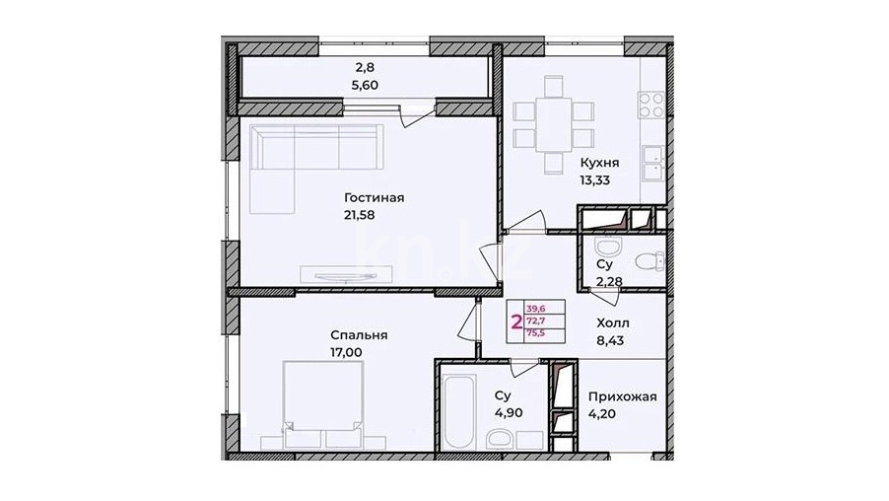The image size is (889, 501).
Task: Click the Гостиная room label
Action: click(x=375, y=198)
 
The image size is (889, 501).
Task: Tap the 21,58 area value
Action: click(x=360, y=215)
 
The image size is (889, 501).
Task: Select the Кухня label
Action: click(x=599, y=163)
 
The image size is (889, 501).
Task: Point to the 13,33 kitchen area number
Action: click(x=594, y=180)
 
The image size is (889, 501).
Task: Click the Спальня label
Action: click(x=359, y=335)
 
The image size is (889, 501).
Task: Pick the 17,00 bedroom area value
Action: click(x=346, y=352)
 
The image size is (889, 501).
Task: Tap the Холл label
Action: click(x=613, y=323)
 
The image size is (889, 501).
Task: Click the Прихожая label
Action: click(x=623, y=396)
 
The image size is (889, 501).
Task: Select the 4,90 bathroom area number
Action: click(x=508, y=412)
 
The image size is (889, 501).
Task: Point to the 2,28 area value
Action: click(x=609, y=281)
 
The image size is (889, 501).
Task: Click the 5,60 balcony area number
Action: click(x=365, y=85)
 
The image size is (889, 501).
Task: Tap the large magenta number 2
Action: click(x=516, y=322)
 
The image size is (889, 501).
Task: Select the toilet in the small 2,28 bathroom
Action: click(x=650, y=261)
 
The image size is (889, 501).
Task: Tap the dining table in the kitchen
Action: click(x=553, y=125)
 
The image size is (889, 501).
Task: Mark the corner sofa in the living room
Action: click(x=314, y=168)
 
